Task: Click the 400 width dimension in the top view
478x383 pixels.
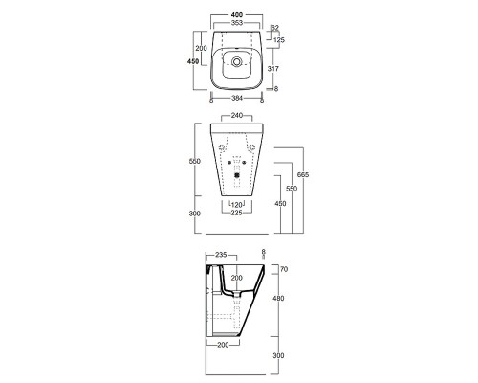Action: [x=234, y=17]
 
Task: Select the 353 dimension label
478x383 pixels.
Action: [x=234, y=27]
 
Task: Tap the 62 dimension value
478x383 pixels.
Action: [x=274, y=30]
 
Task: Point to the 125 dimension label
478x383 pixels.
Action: [x=279, y=40]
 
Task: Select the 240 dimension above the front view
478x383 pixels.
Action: [x=234, y=117]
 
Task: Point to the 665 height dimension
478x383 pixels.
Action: [x=304, y=175]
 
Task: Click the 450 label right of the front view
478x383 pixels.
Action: [x=280, y=203]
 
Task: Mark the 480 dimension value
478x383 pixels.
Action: [x=280, y=298]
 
